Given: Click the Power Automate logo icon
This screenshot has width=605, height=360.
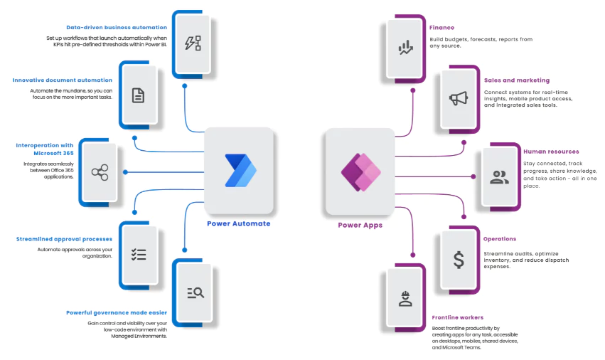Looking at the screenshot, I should [x=240, y=171].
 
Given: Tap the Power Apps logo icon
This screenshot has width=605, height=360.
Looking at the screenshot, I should [x=360, y=171].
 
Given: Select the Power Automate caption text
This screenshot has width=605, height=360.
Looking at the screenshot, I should [x=239, y=223].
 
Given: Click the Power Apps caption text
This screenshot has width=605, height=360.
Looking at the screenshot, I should [x=360, y=225].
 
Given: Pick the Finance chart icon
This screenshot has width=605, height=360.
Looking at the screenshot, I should [x=406, y=48].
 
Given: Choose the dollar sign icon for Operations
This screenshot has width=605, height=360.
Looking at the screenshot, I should [x=459, y=260].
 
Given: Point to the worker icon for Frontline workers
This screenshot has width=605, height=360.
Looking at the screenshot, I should [x=406, y=298].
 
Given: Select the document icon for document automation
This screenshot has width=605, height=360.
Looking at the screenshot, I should [x=139, y=95].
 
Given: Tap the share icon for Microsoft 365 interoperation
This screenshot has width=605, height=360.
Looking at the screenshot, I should [x=99, y=172].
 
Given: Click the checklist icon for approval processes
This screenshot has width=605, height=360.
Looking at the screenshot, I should [x=139, y=255].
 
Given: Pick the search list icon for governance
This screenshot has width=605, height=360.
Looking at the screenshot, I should [x=195, y=292].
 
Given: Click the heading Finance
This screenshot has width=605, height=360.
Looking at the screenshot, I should [x=441, y=28].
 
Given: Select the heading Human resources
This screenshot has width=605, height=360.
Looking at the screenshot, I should [x=551, y=152].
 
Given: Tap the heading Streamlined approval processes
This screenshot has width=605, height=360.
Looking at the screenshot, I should [x=64, y=239].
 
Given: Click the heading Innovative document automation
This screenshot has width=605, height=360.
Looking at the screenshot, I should [x=63, y=80].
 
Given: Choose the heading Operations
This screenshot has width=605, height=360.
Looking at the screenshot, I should [x=499, y=239].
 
